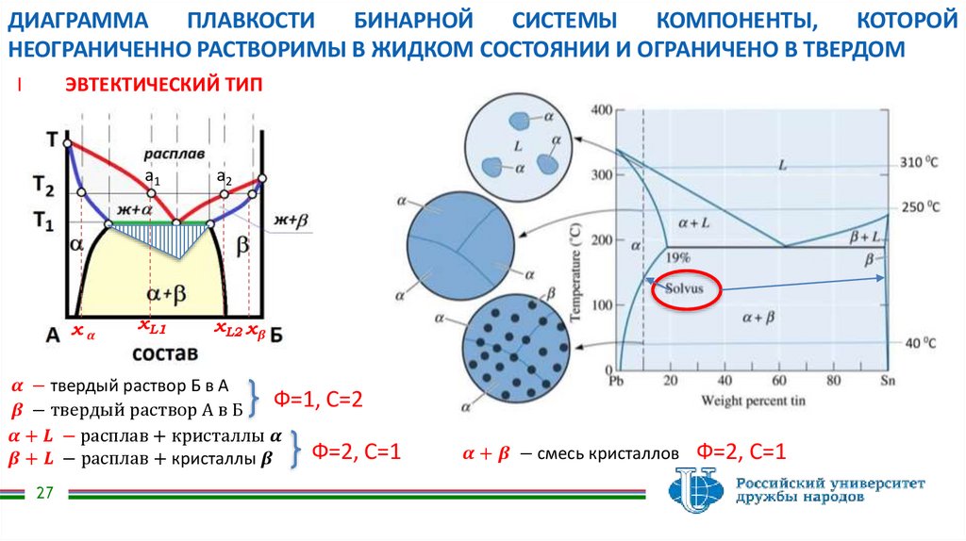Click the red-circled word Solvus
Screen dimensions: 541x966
click(686, 289)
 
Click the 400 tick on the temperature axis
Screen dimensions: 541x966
click(600, 110)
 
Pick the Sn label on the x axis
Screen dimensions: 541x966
click(887, 381)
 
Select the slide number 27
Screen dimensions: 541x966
click(44, 494)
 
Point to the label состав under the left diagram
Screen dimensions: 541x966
click(165, 353)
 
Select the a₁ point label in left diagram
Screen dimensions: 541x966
click(152, 177)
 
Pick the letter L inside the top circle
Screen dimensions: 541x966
click(518, 146)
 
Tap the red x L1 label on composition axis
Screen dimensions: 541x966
click(151, 328)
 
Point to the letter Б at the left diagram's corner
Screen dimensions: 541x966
click(275, 334)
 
